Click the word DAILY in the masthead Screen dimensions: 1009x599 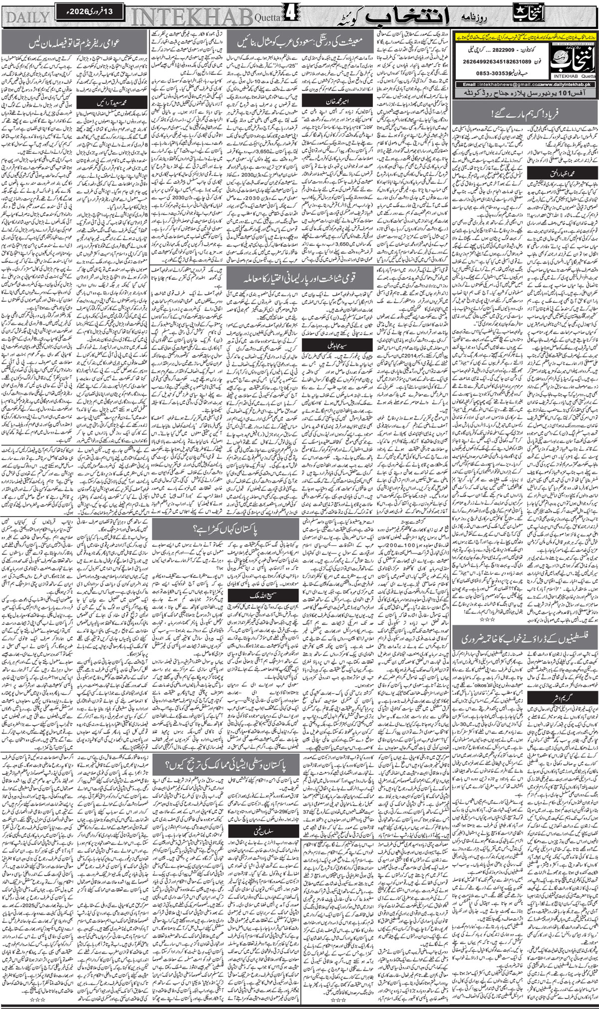coord(27,16)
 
